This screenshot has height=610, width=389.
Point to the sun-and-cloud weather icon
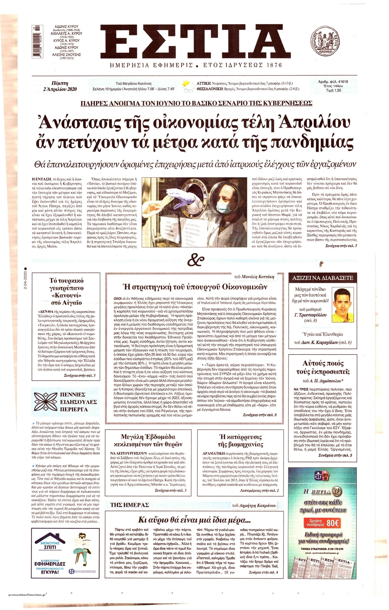(x=187, y=86)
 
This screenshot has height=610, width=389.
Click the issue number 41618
(x=341, y=82)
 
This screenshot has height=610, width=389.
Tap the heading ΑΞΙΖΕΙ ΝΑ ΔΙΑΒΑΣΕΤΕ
(x=323, y=278)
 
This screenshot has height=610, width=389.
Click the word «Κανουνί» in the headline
(x=66, y=295)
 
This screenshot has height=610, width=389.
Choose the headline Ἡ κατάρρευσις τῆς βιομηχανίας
(x=241, y=440)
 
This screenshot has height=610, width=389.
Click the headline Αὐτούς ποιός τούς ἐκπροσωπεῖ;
(x=323, y=367)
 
